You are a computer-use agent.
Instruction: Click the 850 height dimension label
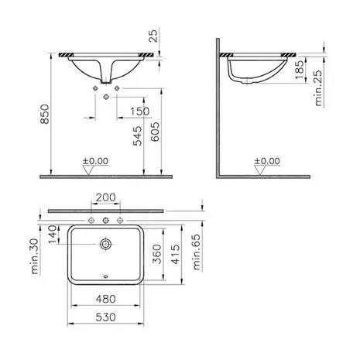point(45,114)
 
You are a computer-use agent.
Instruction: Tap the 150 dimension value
point(139,111)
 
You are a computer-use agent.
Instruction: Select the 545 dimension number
point(138,135)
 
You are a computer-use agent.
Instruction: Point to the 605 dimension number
point(155,132)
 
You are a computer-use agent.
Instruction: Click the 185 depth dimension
point(300,70)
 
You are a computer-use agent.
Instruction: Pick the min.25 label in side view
point(319,88)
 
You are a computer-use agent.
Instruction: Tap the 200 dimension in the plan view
point(106,197)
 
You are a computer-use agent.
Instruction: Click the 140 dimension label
point(53,235)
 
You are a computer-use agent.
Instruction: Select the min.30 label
point(35,256)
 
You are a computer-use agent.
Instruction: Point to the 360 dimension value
point(157,254)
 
